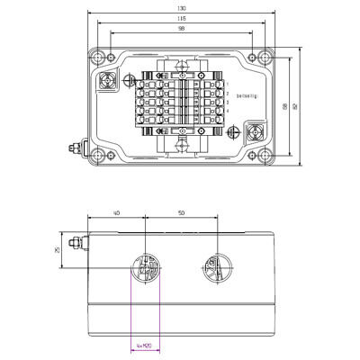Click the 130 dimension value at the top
(x=183, y=9)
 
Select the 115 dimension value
(x=183, y=19)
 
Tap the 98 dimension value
(x=183, y=29)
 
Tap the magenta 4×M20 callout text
(x=142, y=345)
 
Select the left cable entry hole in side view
(x=146, y=267)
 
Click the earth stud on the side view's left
(x=78, y=241)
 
